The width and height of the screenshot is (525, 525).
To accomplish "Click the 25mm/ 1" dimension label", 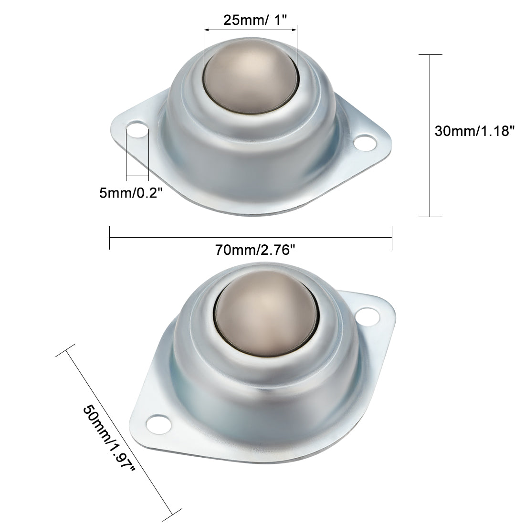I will click(251, 21).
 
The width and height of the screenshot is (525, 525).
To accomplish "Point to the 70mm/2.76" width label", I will click(252, 250).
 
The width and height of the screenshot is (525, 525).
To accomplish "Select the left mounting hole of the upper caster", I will click(137, 131).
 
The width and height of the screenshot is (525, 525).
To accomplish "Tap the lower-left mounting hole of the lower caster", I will click(156, 422).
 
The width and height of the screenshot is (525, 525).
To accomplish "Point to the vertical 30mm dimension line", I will click(430, 136).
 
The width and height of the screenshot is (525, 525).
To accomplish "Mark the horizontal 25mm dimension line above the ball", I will click(250, 30).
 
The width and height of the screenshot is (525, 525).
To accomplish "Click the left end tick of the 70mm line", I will click(110, 237).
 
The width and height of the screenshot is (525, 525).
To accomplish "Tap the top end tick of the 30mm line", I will click(430, 55).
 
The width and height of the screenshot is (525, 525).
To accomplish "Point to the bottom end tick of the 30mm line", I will click(430, 217).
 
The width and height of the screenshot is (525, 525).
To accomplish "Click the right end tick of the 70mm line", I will click(392, 237).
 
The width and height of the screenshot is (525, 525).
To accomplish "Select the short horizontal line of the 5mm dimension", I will click(137, 177).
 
